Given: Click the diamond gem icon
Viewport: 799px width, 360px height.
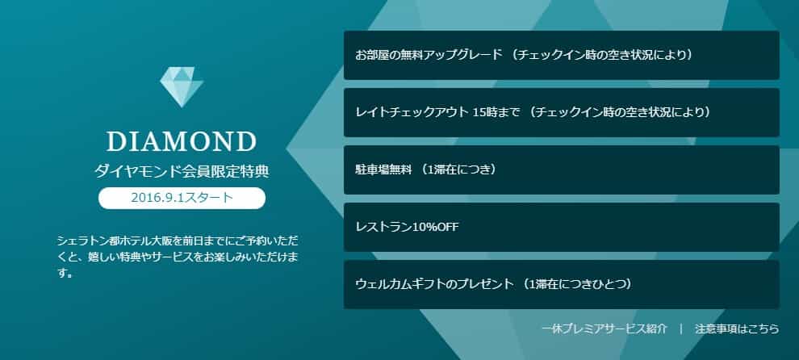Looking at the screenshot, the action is pyautogui.click(x=182, y=87).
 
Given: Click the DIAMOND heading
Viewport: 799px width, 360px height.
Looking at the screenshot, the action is pyautogui.click(x=182, y=142).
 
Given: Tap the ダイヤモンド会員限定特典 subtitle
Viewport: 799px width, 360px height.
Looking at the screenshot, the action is pyautogui.click(x=182, y=171).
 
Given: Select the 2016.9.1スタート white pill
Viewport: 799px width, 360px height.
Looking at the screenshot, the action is pyautogui.click(x=182, y=198).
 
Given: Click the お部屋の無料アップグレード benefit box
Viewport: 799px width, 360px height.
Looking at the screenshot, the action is pyautogui.click(x=562, y=55).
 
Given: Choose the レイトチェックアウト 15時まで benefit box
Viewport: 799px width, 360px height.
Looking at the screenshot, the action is pyautogui.click(x=562, y=112).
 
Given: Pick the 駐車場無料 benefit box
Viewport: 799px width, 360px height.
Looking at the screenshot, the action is pyautogui.click(x=562, y=170).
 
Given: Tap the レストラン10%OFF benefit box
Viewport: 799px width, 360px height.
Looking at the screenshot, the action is pyautogui.click(x=562, y=227).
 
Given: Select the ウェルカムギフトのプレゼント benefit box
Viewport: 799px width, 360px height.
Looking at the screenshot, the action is pyautogui.click(x=562, y=285).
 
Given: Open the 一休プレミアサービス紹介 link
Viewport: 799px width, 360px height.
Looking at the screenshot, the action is pyautogui.click(x=604, y=329).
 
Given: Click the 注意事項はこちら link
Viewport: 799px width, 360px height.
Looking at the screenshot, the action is pyautogui.click(x=737, y=329).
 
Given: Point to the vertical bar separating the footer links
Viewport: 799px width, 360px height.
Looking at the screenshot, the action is pyautogui.click(x=681, y=329).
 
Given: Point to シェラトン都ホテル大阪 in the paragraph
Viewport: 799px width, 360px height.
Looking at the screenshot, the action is pyautogui.click(x=115, y=241).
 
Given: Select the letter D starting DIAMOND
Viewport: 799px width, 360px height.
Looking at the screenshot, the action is pyautogui.click(x=115, y=142).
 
